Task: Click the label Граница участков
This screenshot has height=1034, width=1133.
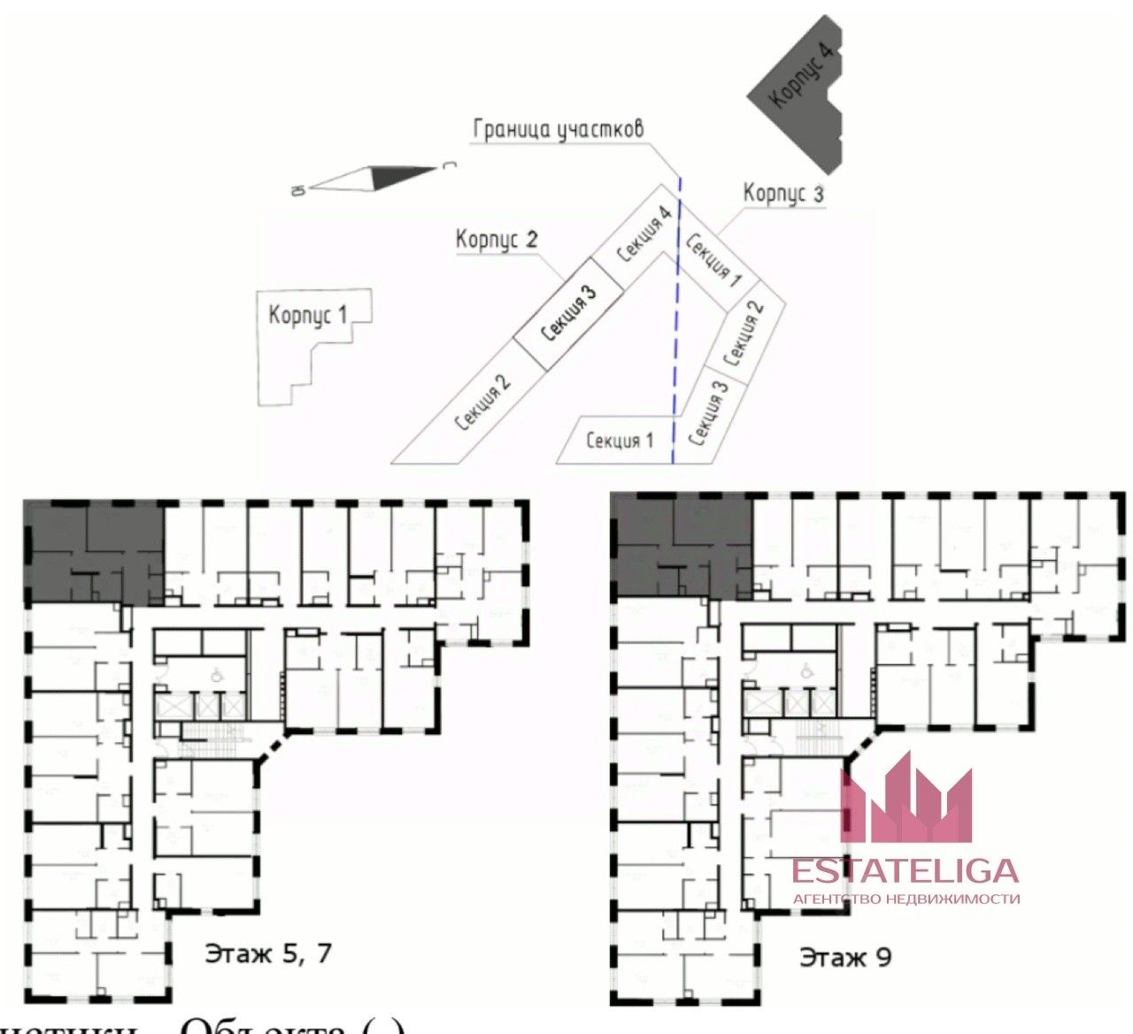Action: coord(558,129)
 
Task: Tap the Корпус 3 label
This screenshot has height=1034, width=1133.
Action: coord(783,193)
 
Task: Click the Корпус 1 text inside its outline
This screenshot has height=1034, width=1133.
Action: coord(307,315)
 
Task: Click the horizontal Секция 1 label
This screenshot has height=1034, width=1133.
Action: coord(620,440)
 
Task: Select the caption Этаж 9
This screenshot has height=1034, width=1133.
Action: coord(845,957)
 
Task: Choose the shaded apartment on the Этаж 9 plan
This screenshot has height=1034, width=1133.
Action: coord(682,548)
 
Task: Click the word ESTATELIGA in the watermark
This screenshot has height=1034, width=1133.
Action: coord(905,870)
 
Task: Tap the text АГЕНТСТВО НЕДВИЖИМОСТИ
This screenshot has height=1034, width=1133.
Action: coord(906,899)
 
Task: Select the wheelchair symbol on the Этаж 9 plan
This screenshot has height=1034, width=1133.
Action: coord(806,671)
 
